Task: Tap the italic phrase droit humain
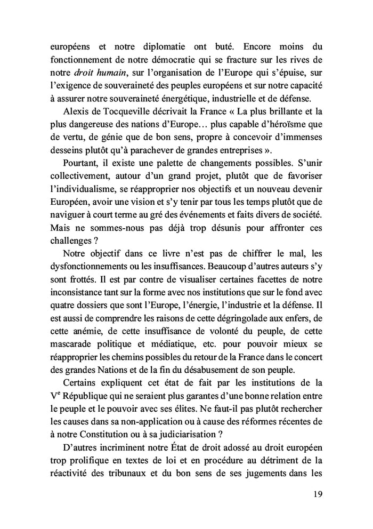pos(87,73)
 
